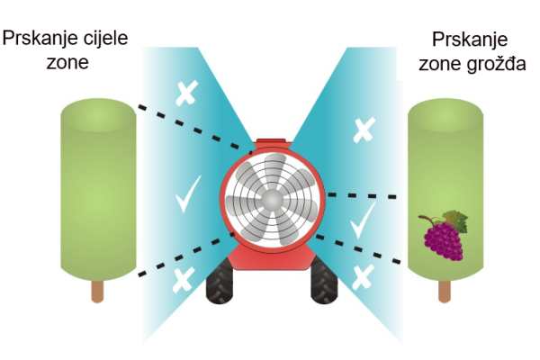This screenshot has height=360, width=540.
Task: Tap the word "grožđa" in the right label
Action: tap(496, 65)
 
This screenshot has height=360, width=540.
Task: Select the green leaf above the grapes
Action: tap(455, 220)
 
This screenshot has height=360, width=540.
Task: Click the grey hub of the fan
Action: tap(272, 200)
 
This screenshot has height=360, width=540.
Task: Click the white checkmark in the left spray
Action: tap(188, 194)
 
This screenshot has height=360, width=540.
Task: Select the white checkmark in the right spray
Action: tap(363, 220)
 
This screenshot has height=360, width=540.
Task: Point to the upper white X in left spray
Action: tap(187, 93)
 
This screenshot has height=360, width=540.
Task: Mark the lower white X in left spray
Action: tap(184, 280)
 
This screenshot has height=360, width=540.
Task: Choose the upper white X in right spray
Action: tap(364, 130)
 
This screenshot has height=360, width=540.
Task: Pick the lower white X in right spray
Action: tap(363, 277)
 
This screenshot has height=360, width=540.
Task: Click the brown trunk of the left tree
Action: tap(97, 291)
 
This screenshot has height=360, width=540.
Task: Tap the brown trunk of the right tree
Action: tap(445, 291)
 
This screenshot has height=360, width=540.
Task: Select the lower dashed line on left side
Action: tap(186, 254)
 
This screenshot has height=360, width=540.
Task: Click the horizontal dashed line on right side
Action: tap(362, 196)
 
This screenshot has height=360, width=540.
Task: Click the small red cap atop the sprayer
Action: tap(272, 141)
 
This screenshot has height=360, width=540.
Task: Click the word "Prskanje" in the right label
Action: tap(470, 40)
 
